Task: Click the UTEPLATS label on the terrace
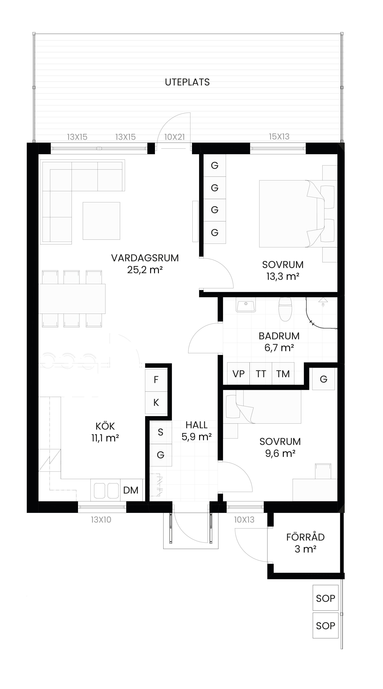187,82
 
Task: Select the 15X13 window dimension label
279,137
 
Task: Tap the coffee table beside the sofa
101,221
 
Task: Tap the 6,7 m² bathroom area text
279,348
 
